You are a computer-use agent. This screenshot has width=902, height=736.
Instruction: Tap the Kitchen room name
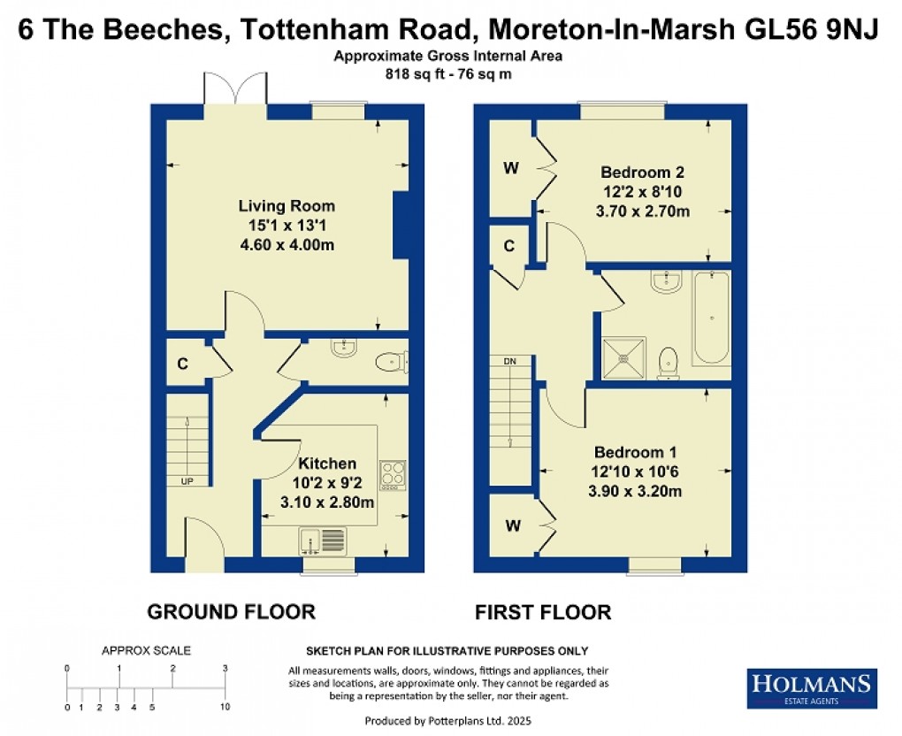coord(327,464)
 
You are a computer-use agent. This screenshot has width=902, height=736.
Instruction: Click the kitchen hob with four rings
coord(392,475)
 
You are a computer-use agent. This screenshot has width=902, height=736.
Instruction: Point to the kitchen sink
coord(322,539)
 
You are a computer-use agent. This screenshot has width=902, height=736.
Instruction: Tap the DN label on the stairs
coord(509,361)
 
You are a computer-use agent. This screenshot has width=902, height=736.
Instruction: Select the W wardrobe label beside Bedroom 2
coord(510,168)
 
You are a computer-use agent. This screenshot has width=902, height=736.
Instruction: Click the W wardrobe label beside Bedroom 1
coord(510,525)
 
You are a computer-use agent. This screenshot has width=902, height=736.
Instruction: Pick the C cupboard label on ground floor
coord(182,363)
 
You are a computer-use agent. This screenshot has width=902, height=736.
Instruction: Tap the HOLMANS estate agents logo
coord(812,688)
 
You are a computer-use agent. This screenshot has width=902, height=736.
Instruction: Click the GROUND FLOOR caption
coord(230,611)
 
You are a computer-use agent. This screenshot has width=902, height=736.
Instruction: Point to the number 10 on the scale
coord(225,707)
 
